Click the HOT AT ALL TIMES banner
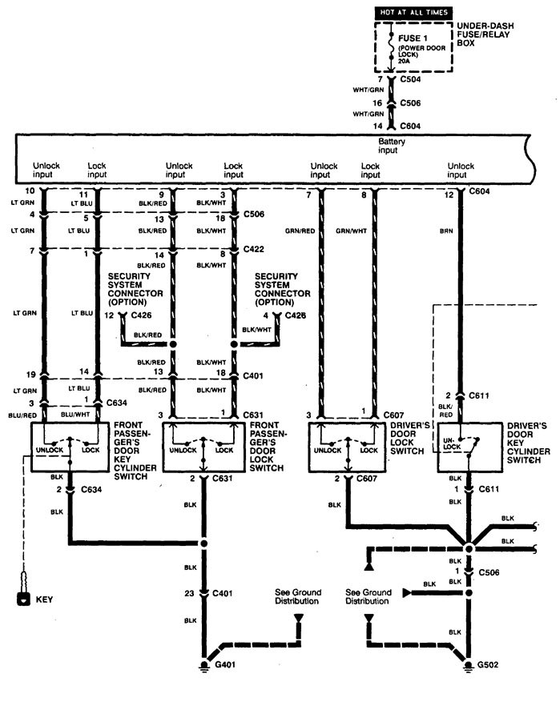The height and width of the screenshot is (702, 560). tap(413, 12)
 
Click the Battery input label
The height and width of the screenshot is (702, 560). tap(392, 144)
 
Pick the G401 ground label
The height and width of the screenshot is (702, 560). tap(225, 665)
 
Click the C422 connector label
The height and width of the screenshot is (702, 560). tap(254, 249)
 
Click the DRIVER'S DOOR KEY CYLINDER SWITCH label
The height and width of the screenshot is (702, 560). tap(528, 443)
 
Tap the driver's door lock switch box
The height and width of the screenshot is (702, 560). tap(342, 450)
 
